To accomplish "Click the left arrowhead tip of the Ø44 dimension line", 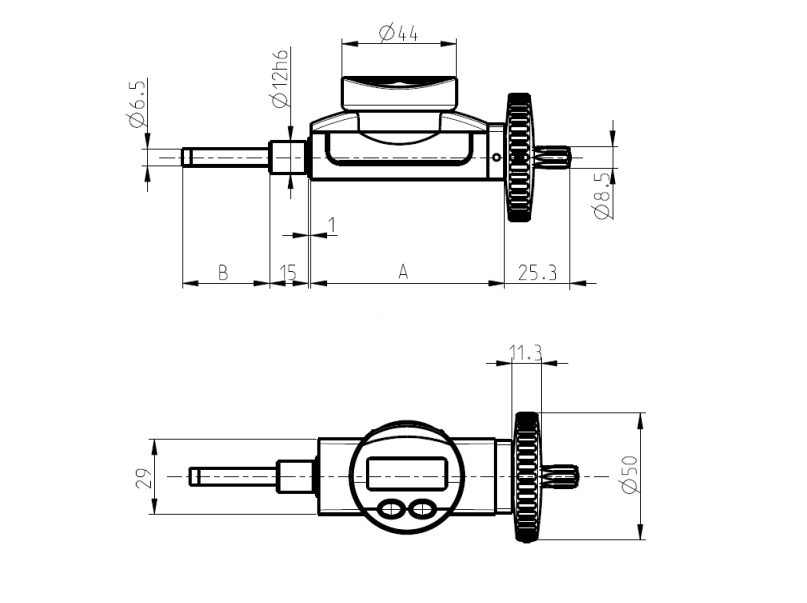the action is click(342, 44).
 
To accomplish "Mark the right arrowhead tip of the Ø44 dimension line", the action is click(457, 44).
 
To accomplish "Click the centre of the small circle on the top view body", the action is click(496, 157).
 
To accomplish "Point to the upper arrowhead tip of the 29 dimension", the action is click(154, 439).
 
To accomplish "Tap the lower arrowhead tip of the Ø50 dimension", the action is click(640, 539).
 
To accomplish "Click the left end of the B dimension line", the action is click(183, 283).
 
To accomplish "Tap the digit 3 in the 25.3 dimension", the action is click(552, 272).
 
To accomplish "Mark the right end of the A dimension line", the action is click(504, 283).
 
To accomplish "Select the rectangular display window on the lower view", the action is click(407, 473).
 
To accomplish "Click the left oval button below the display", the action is click(391, 510).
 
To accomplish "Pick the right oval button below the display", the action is click(422, 510).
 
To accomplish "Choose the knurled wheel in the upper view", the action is click(519, 157).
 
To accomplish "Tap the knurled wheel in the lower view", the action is click(526, 476).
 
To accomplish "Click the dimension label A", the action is click(403, 272).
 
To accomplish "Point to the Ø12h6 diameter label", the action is click(281, 78).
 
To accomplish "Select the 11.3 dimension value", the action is click(525, 353).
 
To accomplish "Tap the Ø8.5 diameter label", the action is click(603, 196).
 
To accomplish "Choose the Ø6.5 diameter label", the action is click(138, 103).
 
